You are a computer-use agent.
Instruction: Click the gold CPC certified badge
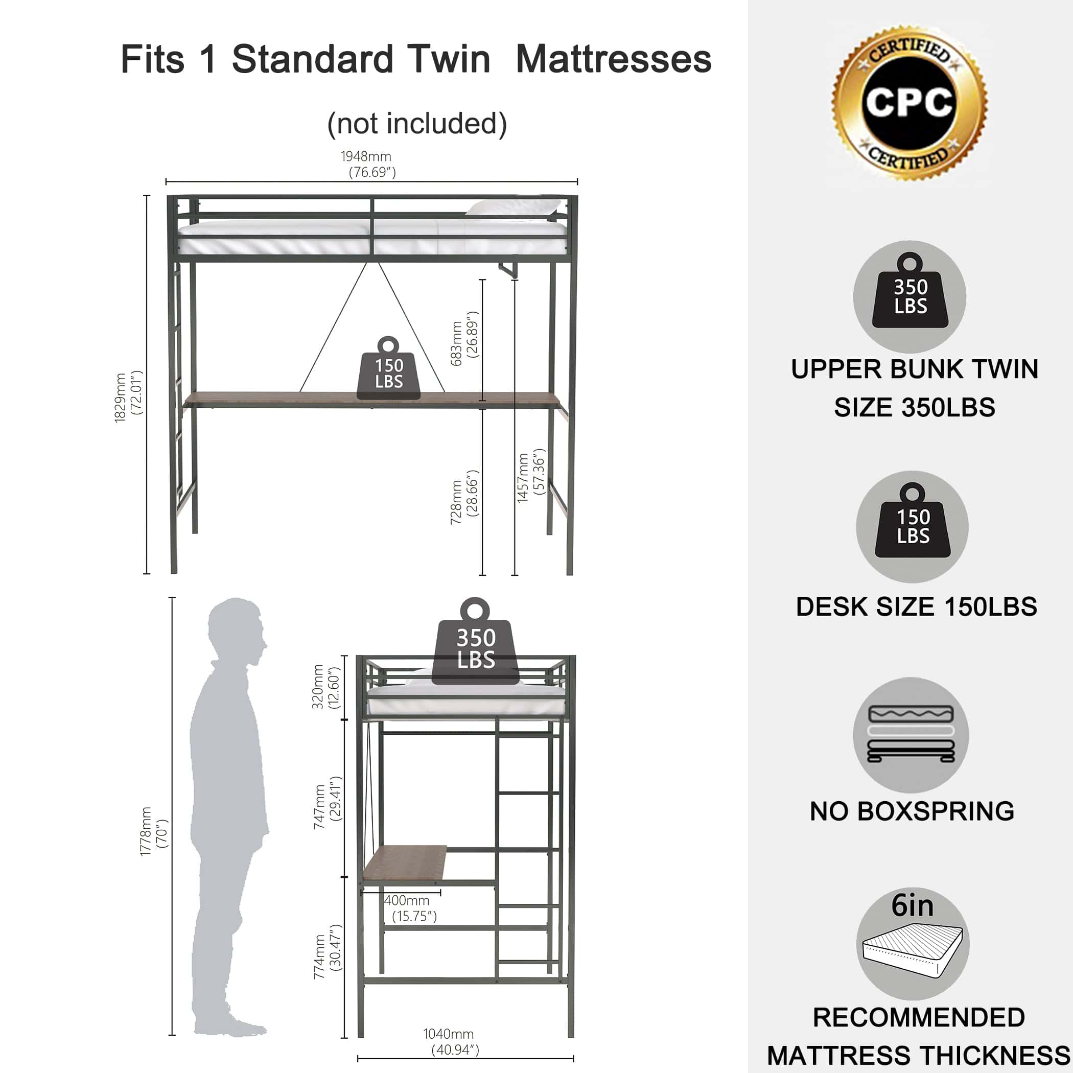click(909, 103)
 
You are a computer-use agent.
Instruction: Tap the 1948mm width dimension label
click(366, 165)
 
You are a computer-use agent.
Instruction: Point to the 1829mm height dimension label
click(129, 397)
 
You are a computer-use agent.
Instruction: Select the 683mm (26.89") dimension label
click(464, 339)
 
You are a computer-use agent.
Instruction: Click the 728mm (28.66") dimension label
click(464, 497)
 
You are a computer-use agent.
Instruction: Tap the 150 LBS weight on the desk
click(388, 368)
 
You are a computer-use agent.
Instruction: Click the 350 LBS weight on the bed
click(475, 641)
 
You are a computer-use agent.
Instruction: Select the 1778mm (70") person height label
click(154, 831)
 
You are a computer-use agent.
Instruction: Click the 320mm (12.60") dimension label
click(325, 687)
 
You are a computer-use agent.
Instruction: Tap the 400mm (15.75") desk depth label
click(411, 908)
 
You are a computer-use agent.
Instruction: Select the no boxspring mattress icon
click(911, 735)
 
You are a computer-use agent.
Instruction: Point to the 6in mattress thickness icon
click(913, 944)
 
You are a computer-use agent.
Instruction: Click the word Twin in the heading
click(448, 59)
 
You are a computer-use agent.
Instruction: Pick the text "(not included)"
click(417, 123)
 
